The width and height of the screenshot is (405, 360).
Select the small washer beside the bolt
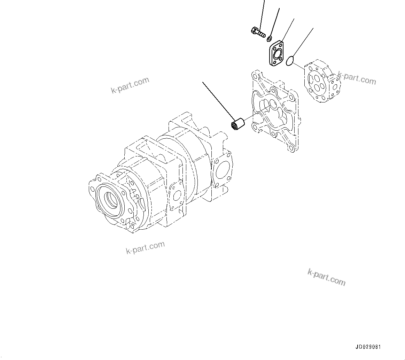coord(270,38)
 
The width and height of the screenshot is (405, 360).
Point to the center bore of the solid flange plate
coord(278,53)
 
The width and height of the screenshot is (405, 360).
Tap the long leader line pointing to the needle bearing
coord(218,100)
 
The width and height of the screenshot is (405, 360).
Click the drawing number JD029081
coord(368,347)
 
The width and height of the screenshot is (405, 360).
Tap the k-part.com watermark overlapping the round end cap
coord(357,79)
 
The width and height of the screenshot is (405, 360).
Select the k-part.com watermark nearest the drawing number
coord(326,277)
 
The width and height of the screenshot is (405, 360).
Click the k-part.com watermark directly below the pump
coord(145,247)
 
